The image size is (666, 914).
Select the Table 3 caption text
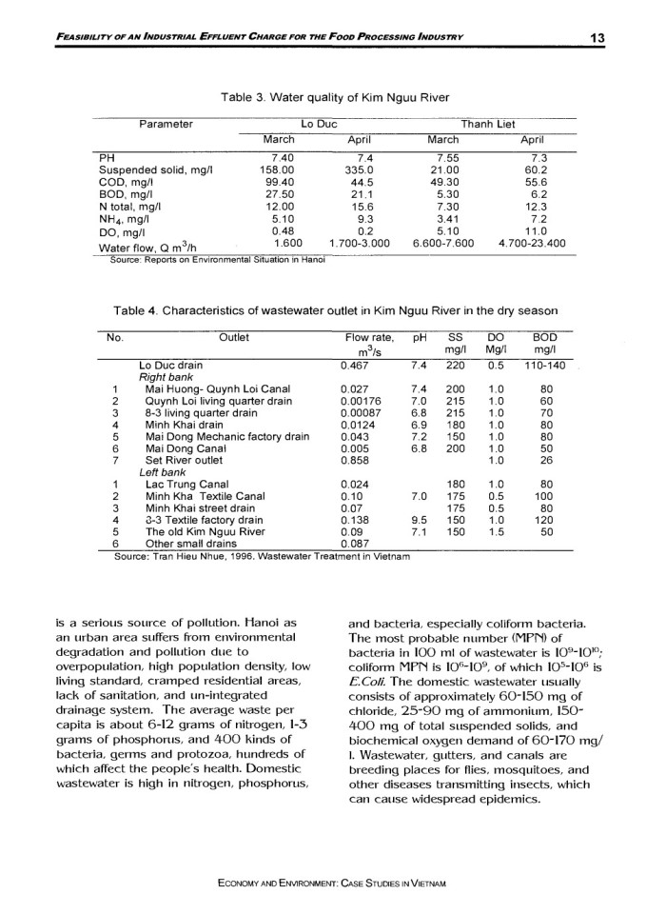tap(333, 97)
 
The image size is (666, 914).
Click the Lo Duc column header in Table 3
tap(319, 124)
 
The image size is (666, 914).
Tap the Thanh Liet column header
tap(488, 124)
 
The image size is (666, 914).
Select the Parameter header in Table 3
tap(166, 124)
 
